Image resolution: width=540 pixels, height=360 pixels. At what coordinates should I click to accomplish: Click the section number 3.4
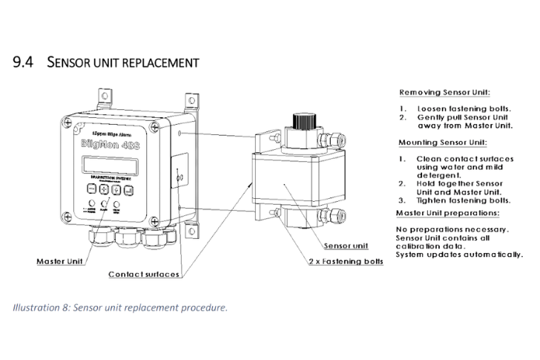tap(22, 62)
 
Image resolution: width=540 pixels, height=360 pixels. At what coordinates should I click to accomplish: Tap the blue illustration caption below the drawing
tap(120, 307)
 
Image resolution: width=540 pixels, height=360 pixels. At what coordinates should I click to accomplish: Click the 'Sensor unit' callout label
tap(346, 244)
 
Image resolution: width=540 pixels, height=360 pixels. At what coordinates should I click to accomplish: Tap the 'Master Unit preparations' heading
tap(446, 212)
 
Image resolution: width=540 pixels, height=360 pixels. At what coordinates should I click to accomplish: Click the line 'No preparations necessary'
tap(452, 228)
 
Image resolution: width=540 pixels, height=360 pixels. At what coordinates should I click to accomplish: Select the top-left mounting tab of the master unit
tap(105, 95)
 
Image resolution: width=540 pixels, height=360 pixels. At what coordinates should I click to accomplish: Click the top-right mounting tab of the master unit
tap(191, 98)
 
